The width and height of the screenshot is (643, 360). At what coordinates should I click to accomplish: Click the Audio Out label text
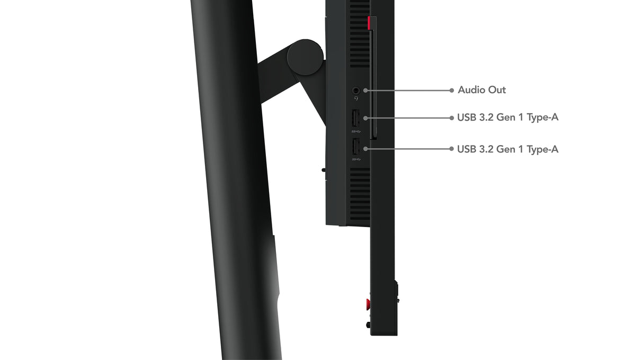tap(481, 90)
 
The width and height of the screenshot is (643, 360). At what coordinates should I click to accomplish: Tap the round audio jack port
tap(356, 91)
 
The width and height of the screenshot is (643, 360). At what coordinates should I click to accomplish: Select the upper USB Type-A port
tap(355, 117)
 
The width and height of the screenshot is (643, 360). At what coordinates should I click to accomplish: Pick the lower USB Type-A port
tap(355, 147)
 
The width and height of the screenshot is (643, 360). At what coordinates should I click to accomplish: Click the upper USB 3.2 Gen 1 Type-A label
tap(507, 118)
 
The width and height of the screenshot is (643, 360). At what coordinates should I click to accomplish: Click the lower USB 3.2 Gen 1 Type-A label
tap(507, 149)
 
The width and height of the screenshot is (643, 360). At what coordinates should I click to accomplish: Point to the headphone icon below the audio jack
tap(356, 98)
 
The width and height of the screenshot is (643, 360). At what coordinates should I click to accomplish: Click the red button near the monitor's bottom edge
tap(367, 304)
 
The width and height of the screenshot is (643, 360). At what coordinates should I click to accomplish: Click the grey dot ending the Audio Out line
tap(451, 90)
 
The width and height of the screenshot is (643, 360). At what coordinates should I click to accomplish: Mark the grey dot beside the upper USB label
tap(451, 118)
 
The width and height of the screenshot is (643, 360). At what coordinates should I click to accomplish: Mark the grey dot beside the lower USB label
tap(451, 149)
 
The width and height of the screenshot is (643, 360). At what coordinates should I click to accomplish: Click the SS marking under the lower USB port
tap(355, 158)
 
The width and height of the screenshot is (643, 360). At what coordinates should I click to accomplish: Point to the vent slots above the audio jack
tap(360, 37)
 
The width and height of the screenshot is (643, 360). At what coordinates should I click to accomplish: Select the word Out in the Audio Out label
tap(497, 90)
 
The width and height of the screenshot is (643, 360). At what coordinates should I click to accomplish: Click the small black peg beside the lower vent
tap(323, 170)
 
